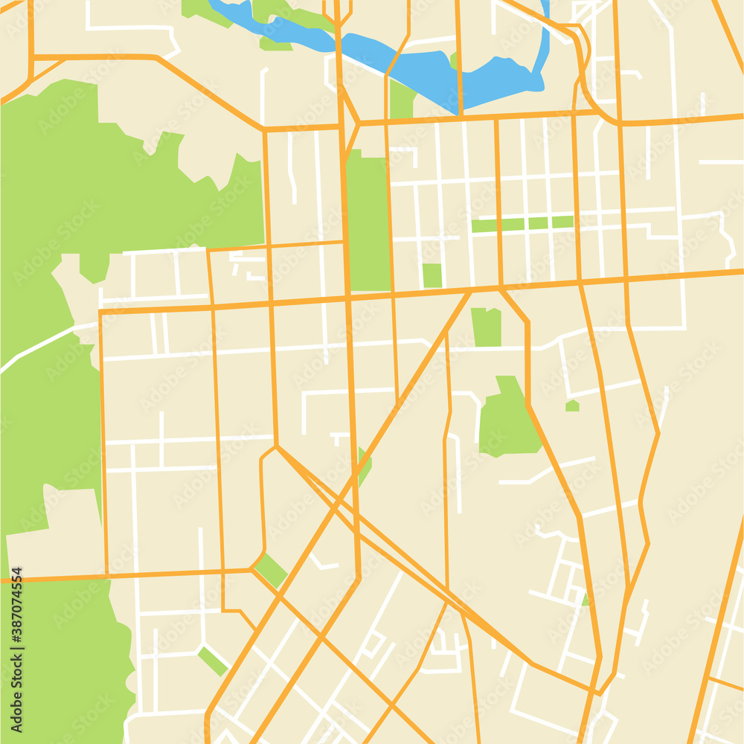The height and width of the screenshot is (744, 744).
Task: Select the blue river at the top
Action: (417, 71)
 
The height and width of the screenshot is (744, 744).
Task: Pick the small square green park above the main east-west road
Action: (432, 275)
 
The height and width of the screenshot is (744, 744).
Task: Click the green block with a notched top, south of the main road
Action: (487, 327)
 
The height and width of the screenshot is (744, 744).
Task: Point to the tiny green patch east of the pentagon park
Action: (572, 405)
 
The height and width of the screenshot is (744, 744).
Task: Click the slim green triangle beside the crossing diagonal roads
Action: (363, 466)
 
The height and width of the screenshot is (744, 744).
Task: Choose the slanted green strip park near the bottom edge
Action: (213, 661)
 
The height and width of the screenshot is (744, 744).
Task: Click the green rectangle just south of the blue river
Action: (402, 100)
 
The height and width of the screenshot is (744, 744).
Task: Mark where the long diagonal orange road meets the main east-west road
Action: (470, 291)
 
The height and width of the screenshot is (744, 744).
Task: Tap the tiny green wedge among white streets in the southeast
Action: (586, 599)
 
